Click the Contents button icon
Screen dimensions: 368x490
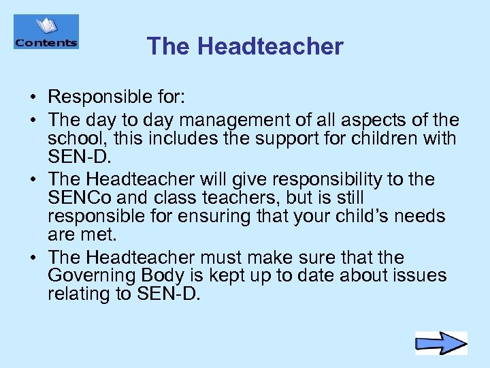[x=46, y=32]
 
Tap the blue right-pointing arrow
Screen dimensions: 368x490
[x=441, y=343]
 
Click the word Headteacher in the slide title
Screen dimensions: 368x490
[x=271, y=46]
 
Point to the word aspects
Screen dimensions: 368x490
[x=371, y=121]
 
